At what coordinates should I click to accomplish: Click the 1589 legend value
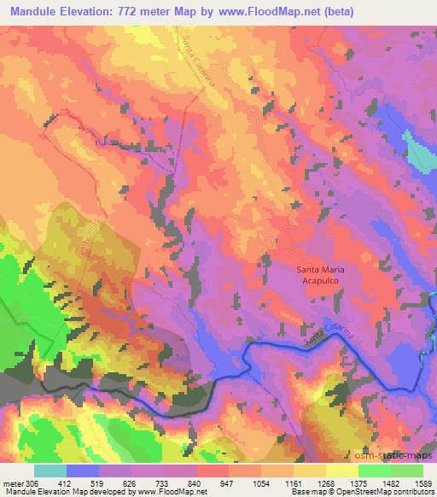420,484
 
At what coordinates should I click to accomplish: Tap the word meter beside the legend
13,484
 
